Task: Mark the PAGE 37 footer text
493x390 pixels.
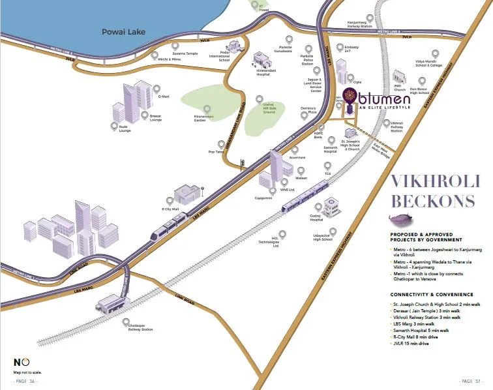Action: click(470, 381)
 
